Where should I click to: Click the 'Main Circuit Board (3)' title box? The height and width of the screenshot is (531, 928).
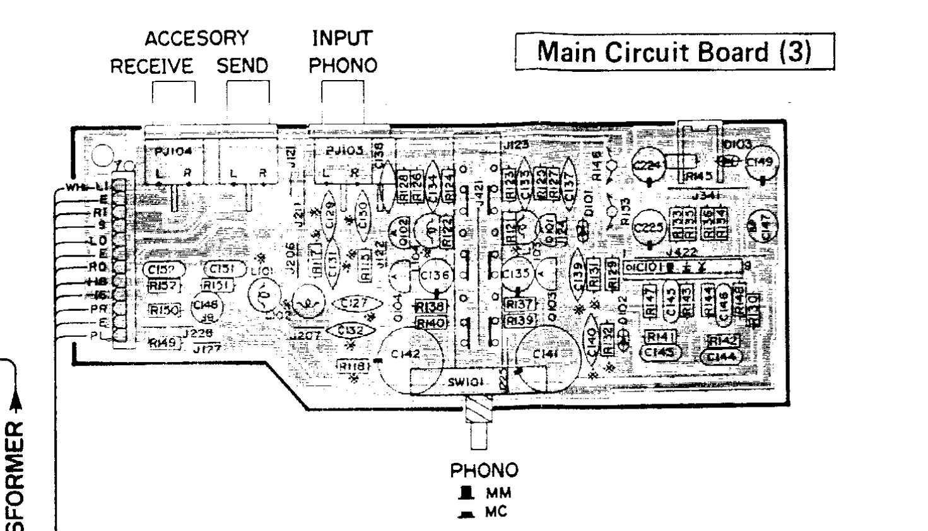click(674, 52)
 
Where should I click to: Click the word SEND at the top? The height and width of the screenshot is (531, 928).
click(242, 66)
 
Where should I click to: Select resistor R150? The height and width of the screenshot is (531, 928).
click(165, 310)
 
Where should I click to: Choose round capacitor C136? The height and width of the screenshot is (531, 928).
click(435, 275)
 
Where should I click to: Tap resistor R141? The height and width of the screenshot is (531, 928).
click(659, 337)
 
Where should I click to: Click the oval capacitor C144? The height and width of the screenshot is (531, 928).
click(720, 358)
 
